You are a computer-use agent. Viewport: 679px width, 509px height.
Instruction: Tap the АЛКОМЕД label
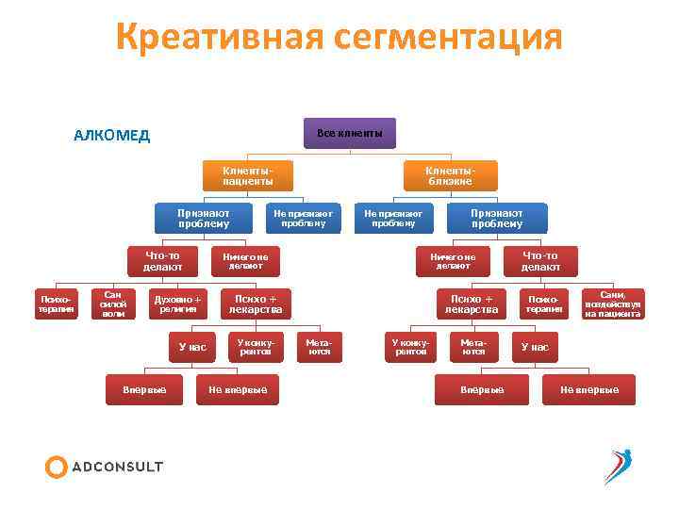coord(111,135)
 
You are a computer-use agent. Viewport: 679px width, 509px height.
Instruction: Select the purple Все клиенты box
coord(350,133)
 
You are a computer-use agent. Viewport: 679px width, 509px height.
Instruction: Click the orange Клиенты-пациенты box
coord(248,174)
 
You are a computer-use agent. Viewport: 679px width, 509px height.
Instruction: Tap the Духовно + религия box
coord(178,304)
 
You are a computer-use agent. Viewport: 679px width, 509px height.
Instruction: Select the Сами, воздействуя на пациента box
coord(613,304)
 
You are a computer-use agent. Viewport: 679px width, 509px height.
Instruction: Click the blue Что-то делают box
coord(163,261)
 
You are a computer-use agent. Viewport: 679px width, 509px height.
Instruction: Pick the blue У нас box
coord(192,347)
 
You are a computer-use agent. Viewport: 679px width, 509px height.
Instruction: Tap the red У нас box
coord(535,347)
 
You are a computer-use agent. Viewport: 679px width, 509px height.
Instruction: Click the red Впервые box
coord(482,389)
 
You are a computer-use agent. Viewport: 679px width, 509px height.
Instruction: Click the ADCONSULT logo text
coord(118,467)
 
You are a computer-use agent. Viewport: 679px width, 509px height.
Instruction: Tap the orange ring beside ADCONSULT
coord(57,467)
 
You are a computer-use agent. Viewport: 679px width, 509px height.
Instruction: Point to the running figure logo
coord(618,466)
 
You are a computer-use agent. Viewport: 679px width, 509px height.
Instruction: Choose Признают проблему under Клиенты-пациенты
coord(204,219)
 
